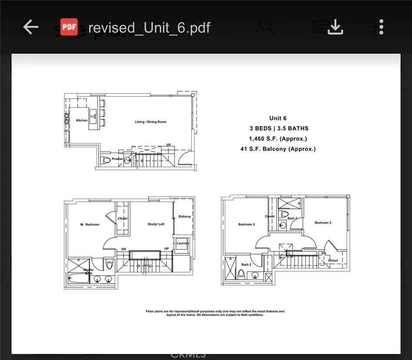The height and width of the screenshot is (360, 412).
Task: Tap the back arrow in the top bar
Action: [31, 27]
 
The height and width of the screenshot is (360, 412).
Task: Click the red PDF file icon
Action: [69, 27]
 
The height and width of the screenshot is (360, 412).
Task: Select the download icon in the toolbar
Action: [335, 27]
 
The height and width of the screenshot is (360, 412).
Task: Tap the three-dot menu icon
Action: [381, 27]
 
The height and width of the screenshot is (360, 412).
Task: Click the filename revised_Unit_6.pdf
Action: [149, 28]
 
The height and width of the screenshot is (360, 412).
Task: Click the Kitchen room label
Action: [82, 120]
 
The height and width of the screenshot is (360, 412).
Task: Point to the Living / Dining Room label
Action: [150, 122]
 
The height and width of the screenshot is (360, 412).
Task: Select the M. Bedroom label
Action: [90, 225]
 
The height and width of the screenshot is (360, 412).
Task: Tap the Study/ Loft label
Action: [156, 224]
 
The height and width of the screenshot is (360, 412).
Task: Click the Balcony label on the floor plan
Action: [184, 217]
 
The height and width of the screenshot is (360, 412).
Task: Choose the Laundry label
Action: [183, 243]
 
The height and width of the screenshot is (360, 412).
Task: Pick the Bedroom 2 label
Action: [246, 225]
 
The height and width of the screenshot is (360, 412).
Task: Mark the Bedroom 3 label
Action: [323, 223]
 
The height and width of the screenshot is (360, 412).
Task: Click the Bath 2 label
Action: [246, 265]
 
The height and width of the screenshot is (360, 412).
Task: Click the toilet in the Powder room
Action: [106, 160]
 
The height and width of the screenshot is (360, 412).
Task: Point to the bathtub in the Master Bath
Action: [78, 278]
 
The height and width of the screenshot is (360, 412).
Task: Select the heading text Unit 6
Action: [278, 118]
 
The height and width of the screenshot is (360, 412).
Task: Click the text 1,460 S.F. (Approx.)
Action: [278, 139]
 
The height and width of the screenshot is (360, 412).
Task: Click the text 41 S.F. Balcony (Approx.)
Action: [278, 149]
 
